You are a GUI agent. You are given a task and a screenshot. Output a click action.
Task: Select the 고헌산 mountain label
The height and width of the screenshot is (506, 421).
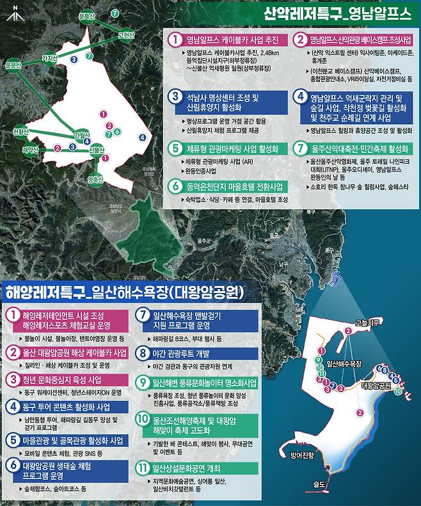pos(127,35)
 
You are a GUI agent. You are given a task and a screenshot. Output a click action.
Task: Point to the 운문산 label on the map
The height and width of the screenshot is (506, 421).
pos(13,65)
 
